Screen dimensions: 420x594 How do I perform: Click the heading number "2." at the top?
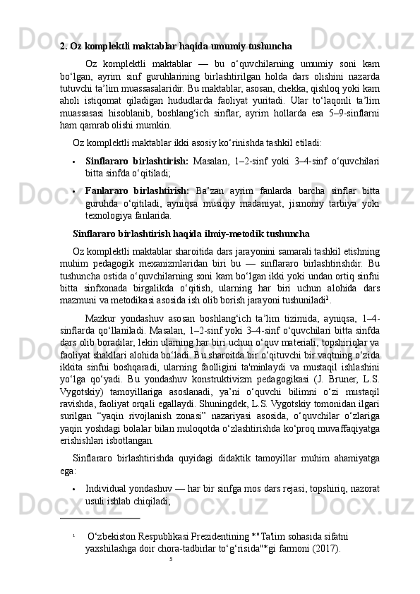64,47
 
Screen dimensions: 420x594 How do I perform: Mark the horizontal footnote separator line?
100,519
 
